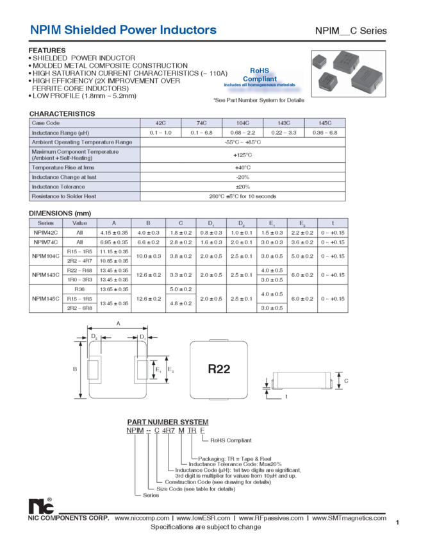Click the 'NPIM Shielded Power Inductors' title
point(123,30)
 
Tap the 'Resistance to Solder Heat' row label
point(64,196)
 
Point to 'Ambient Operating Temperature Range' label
point(81,142)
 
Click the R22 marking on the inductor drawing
point(219,369)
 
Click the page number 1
point(397,523)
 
